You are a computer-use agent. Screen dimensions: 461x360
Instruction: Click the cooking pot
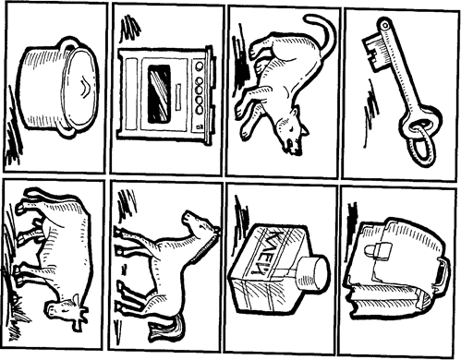click(x=58, y=88)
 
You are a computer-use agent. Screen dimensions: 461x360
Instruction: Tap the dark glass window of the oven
click(x=159, y=93)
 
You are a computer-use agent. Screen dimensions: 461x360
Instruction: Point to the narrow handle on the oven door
click(x=178, y=97)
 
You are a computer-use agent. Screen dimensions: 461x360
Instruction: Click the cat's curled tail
click(x=321, y=37)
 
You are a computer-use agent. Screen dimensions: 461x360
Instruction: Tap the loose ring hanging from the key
click(x=422, y=145)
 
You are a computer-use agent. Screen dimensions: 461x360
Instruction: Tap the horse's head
click(x=200, y=224)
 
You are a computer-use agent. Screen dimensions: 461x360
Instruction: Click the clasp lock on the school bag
click(x=378, y=250)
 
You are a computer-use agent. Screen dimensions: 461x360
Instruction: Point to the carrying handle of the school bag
click(x=443, y=275)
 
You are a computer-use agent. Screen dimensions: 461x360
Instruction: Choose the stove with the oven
click(x=164, y=95)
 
